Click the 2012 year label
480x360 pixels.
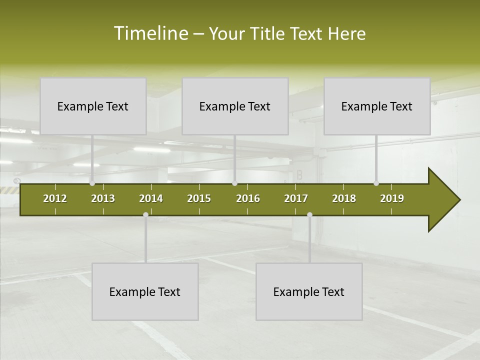click(55, 198)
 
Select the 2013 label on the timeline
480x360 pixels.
click(103, 198)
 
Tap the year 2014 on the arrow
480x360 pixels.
click(151, 198)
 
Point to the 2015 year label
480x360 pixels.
click(199, 198)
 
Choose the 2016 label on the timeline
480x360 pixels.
click(248, 198)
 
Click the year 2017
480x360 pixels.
click(296, 198)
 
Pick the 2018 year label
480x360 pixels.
click(344, 198)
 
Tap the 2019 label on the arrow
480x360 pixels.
click(392, 198)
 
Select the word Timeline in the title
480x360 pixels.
click(150, 33)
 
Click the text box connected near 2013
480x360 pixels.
click(93, 106)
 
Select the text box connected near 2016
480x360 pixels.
click(235, 106)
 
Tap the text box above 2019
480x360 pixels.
click(377, 106)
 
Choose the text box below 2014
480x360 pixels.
click(145, 291)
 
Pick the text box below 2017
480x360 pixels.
click(309, 291)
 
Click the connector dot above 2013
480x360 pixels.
click(92, 183)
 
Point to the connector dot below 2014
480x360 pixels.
click(145, 214)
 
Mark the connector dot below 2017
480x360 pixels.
click(309, 214)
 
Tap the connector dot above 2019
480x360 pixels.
click(376, 183)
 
